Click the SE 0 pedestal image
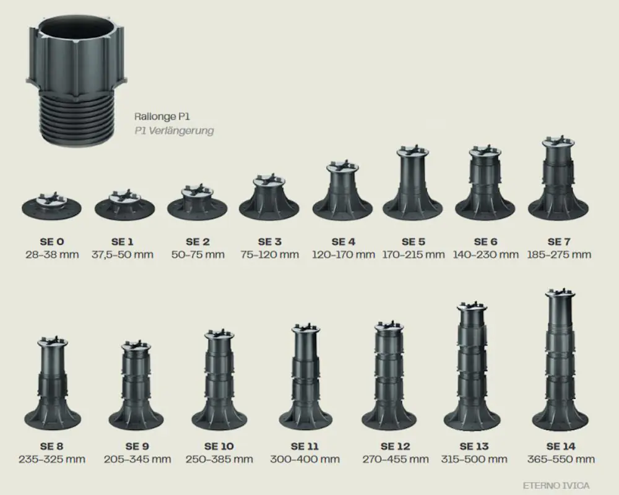pos(51,205)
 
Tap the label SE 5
pos(413,241)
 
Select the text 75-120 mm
pos(270,254)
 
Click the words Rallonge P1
pos(162,116)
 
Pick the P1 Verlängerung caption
pos(174,131)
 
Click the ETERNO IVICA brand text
pos(556,485)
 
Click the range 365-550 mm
pos(561,460)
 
